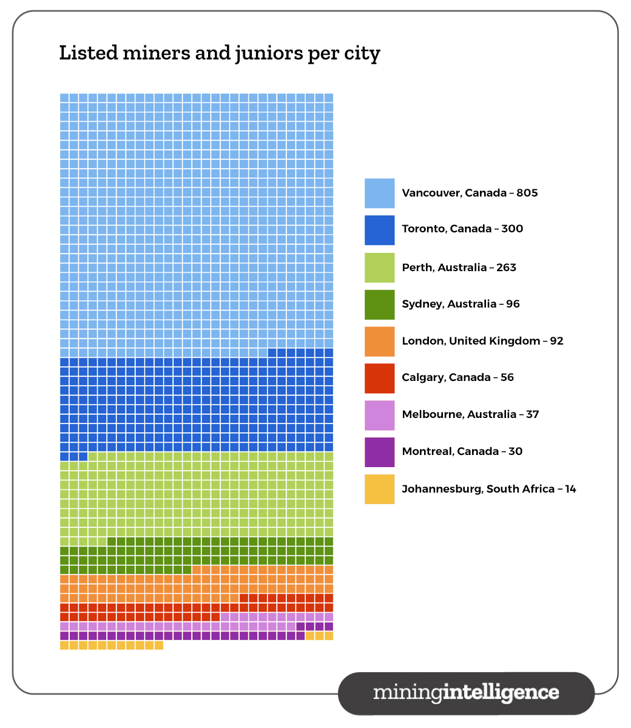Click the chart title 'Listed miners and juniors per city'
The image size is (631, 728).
click(x=219, y=53)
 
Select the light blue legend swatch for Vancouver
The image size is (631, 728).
click(x=379, y=193)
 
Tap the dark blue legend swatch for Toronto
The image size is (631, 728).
click(x=379, y=230)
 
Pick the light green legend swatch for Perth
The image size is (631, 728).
click(x=379, y=268)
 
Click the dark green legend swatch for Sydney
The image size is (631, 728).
click(x=379, y=305)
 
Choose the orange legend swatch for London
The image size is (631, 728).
click(x=379, y=342)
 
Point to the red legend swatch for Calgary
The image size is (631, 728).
click(x=379, y=378)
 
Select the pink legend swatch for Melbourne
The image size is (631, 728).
click(x=379, y=415)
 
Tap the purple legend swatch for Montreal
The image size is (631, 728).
click(x=379, y=452)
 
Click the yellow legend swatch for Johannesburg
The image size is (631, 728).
click(x=379, y=489)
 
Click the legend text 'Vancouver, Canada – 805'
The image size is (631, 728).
click(x=470, y=193)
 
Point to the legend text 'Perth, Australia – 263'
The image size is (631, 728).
click(x=459, y=268)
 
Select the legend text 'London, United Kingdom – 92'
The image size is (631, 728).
click(x=482, y=341)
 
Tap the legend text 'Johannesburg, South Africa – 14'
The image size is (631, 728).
click(x=488, y=489)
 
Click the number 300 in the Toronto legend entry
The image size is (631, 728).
click(x=512, y=229)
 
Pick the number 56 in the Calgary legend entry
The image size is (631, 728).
click(x=507, y=377)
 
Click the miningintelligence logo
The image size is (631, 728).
click(x=466, y=693)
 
